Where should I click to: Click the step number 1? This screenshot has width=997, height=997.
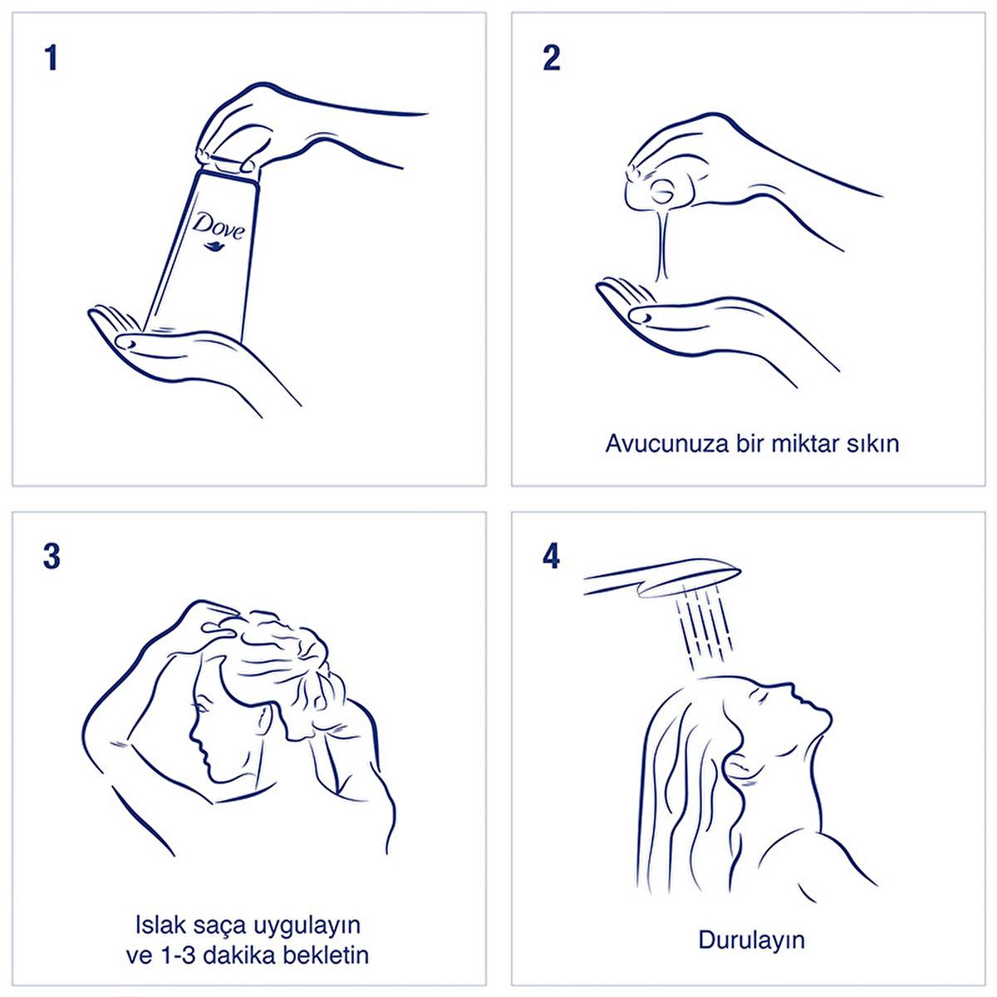[51, 58]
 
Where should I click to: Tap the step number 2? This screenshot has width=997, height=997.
[552, 58]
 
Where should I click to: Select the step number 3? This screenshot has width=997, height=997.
[52, 557]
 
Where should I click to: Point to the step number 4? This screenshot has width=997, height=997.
[552, 557]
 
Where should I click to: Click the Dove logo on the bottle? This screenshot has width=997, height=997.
[218, 226]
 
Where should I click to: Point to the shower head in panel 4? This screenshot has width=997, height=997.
[662, 578]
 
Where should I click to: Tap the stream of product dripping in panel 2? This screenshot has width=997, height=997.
[662, 243]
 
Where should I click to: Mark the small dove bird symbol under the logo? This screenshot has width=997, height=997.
[214, 247]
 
